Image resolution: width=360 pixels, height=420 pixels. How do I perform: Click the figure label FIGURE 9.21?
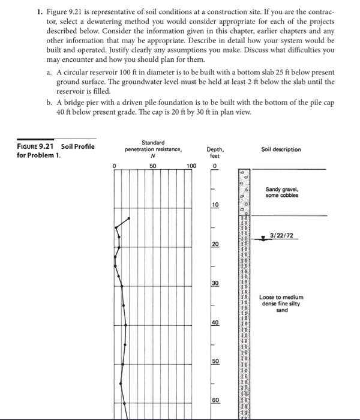pos(38,146)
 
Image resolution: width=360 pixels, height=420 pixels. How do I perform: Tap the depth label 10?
pos(215,205)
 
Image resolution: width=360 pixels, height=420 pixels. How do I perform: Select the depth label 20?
pos(215,244)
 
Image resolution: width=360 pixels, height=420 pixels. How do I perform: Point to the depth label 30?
pos(215,283)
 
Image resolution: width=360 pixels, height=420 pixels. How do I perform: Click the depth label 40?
pos(215,323)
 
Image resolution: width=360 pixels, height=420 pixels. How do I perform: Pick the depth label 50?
pos(215,362)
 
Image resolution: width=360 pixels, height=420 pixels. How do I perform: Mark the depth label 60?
pos(215,401)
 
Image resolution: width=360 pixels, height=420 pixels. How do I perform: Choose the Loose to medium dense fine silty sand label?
pos(281,304)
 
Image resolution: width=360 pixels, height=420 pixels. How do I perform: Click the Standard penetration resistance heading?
pos(153,146)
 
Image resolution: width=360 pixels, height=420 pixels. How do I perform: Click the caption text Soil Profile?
pos(77,146)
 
